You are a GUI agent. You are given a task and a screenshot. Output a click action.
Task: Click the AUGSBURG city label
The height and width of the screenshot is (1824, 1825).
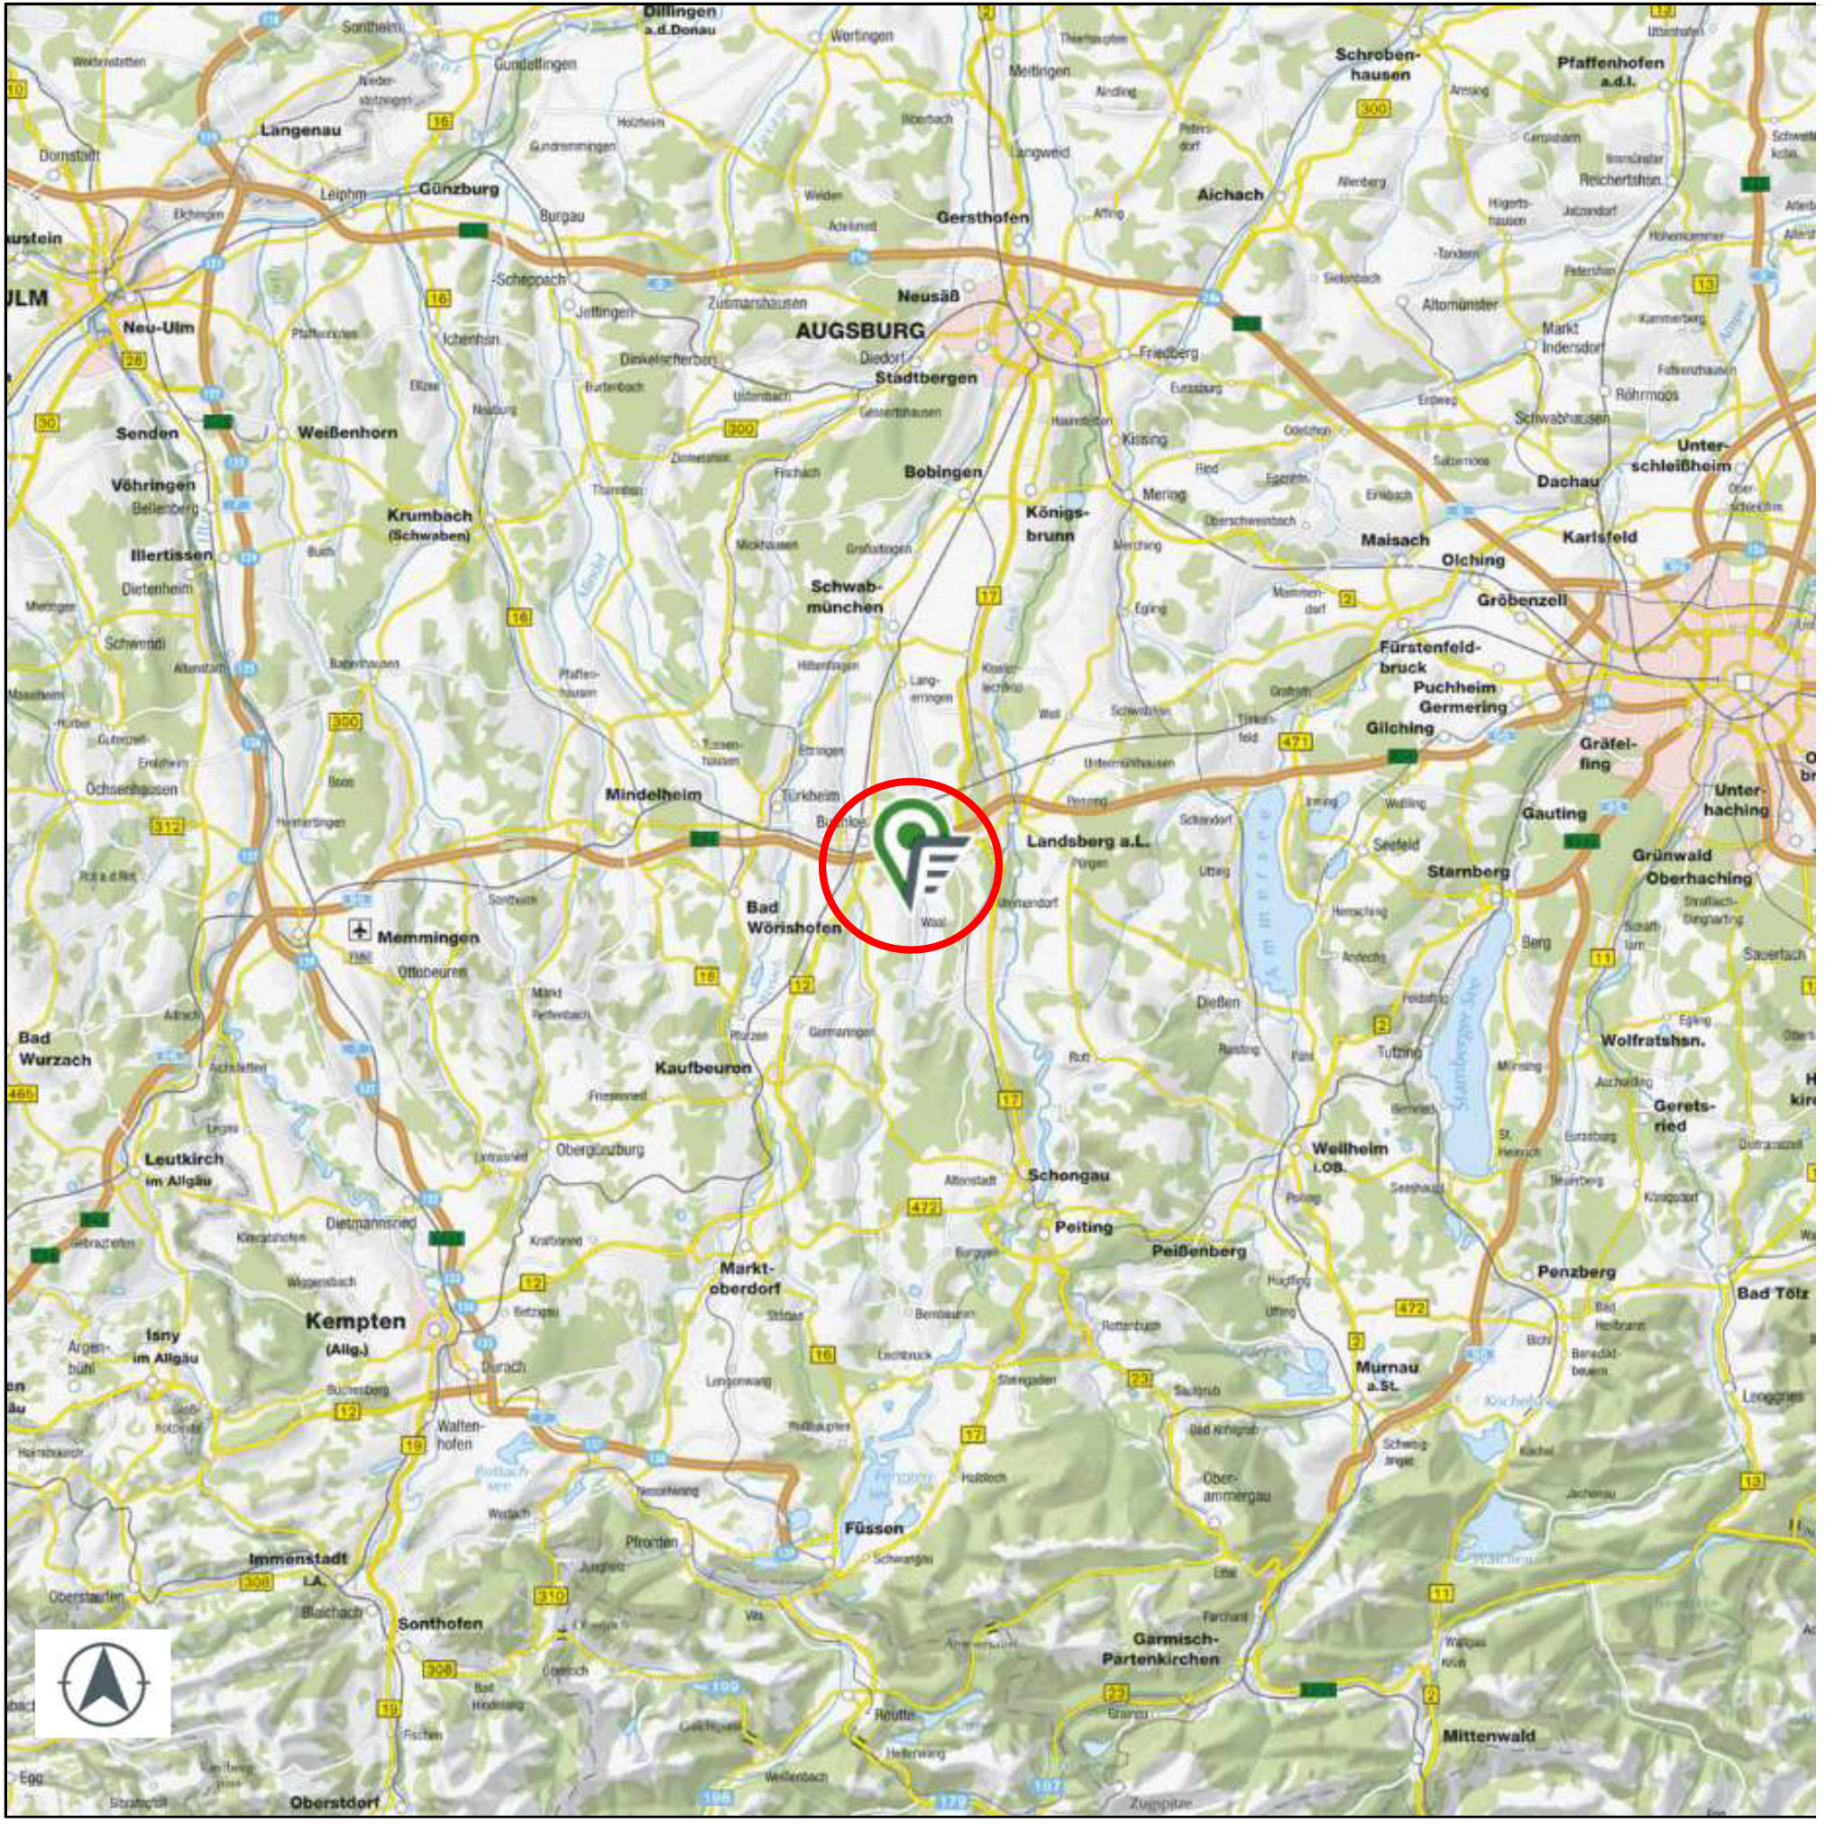tap(859, 331)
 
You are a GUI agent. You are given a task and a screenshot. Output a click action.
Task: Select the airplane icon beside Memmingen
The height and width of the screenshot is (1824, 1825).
tap(359, 930)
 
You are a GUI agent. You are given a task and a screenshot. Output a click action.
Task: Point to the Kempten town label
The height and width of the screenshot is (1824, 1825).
tap(355, 1322)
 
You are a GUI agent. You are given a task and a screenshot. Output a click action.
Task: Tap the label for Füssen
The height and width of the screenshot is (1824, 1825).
tap(874, 1527)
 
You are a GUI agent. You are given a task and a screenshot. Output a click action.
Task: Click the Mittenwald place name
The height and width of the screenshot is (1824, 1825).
tap(1489, 1737)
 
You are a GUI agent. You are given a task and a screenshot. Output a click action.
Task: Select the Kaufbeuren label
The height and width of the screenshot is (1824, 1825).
tap(702, 1068)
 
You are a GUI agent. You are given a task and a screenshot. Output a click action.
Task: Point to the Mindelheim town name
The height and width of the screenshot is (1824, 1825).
tap(654, 794)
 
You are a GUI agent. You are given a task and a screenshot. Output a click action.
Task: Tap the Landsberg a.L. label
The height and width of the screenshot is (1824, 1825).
tap(1088, 840)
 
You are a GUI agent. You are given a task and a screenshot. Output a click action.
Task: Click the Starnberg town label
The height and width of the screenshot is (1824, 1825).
tap(1468, 871)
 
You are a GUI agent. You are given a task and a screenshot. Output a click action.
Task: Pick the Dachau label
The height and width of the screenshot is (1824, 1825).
tap(1567, 481)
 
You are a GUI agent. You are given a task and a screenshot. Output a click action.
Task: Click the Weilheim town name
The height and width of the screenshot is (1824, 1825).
tap(1350, 1149)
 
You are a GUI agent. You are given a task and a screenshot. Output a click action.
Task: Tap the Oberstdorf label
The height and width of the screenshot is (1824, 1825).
tap(335, 1802)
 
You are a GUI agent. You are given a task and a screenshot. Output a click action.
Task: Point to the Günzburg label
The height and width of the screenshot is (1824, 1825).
tap(459, 189)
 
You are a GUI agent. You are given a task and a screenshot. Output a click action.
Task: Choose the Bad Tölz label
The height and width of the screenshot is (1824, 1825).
tap(1773, 1292)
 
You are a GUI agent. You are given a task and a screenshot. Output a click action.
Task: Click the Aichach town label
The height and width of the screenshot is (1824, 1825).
tap(1230, 195)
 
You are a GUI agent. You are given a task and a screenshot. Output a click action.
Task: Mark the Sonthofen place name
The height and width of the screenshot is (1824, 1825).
tap(440, 1623)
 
